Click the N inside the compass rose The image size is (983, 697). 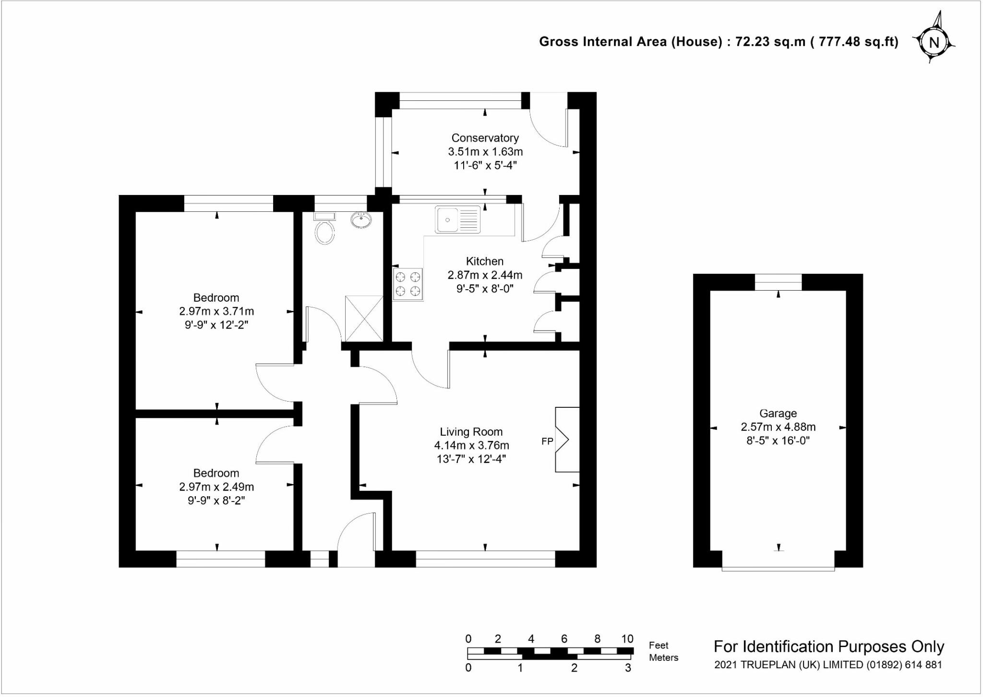tap(934, 43)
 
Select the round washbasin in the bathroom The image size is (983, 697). tap(361, 220)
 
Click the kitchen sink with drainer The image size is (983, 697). tap(458, 220)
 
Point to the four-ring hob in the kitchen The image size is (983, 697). tap(408, 284)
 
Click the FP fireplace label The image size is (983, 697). tap(547, 441)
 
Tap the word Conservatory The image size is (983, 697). tap(485, 138)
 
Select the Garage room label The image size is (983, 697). tap(778, 413)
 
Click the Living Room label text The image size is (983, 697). tap(471, 432)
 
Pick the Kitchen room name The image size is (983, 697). tap(485, 261)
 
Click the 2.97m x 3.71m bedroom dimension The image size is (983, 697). tap(216, 311)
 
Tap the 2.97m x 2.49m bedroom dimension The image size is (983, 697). tap(216, 487)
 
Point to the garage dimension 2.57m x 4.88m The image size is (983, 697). tap(778, 427)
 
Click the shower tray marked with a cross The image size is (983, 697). tap(364, 318)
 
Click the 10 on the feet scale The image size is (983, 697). tap(627, 639)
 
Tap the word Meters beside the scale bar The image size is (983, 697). tap(663, 658)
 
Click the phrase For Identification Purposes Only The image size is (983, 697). tap(829, 647)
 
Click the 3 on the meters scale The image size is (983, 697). tap(628, 668)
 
